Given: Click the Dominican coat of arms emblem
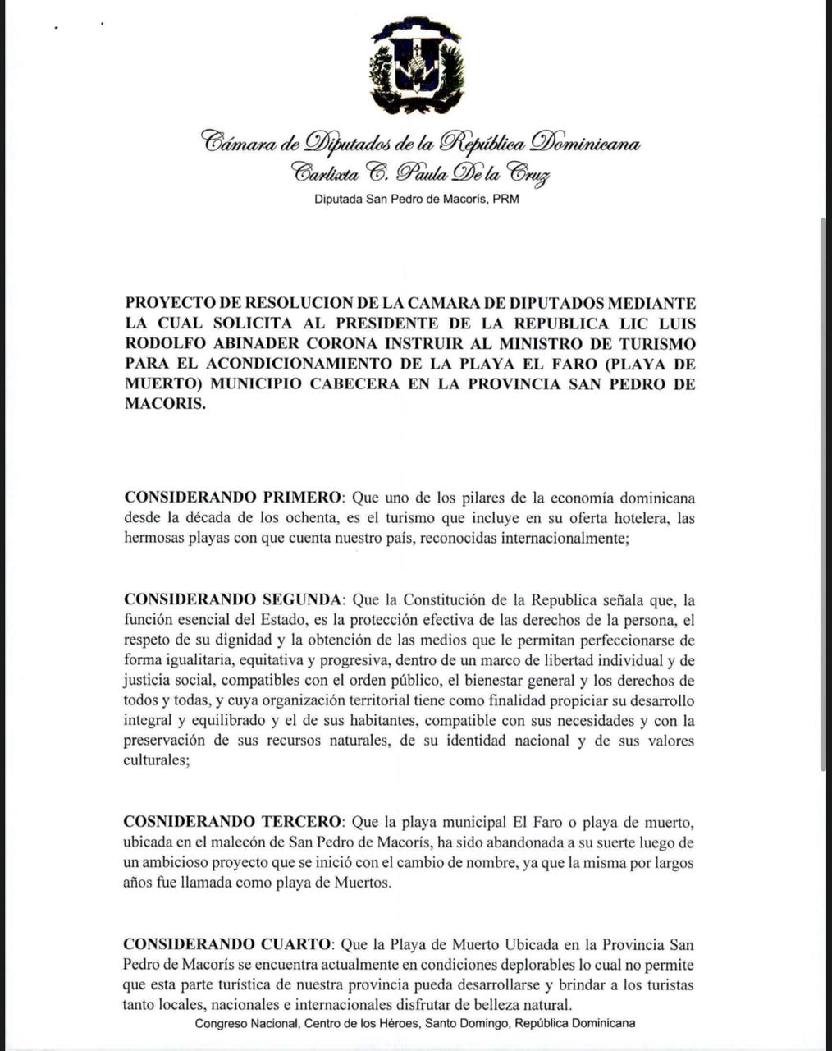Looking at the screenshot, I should [416, 66].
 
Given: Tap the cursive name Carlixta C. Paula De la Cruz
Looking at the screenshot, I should [419, 173].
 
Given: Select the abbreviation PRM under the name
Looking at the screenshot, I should [505, 199].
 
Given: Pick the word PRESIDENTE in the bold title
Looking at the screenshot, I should [403, 323].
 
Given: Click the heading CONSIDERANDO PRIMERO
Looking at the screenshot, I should [232, 498].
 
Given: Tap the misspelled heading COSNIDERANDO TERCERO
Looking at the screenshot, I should [232, 822].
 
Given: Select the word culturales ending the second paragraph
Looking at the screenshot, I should [155, 761].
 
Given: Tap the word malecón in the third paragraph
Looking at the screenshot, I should [247, 842].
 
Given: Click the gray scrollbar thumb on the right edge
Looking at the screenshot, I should [825, 493].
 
